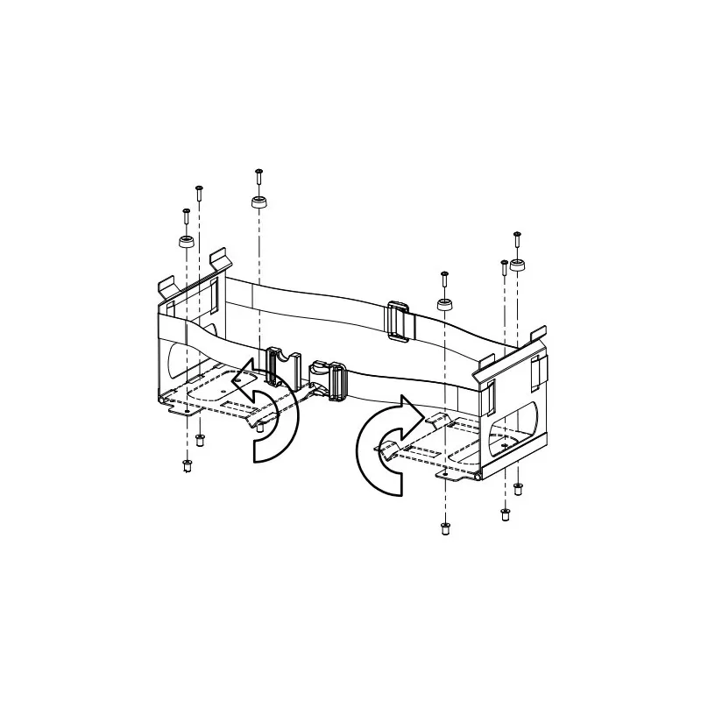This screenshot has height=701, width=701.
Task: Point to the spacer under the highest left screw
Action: pyautogui.click(x=258, y=203)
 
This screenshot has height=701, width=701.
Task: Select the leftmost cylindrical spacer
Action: pyautogui.click(x=187, y=242)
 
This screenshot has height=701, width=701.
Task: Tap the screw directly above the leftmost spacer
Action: pyautogui.click(x=186, y=213)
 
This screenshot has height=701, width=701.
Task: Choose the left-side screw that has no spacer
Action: pyautogui.click(x=200, y=189)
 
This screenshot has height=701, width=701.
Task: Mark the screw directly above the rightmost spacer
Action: pyautogui.click(x=517, y=235)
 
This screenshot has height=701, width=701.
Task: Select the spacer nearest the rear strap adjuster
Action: pyautogui.click(x=445, y=305)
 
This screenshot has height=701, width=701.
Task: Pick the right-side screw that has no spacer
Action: pyautogui.click(x=503, y=264)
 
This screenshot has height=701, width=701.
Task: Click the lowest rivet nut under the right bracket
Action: pyautogui.click(x=445, y=528)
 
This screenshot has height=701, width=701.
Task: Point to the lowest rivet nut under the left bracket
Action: pyautogui.click(x=186, y=465)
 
